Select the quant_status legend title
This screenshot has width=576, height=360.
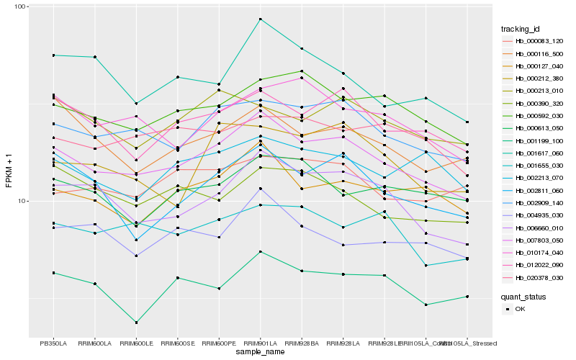click(523, 296)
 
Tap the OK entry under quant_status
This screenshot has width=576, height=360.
click(519, 308)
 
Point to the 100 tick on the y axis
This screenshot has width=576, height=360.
click(20, 6)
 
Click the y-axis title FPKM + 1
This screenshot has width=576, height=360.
click(9, 171)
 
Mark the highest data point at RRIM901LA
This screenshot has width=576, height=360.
click(261, 19)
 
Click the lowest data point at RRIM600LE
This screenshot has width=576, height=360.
click(136, 323)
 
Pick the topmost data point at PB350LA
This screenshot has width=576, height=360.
click(53, 55)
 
